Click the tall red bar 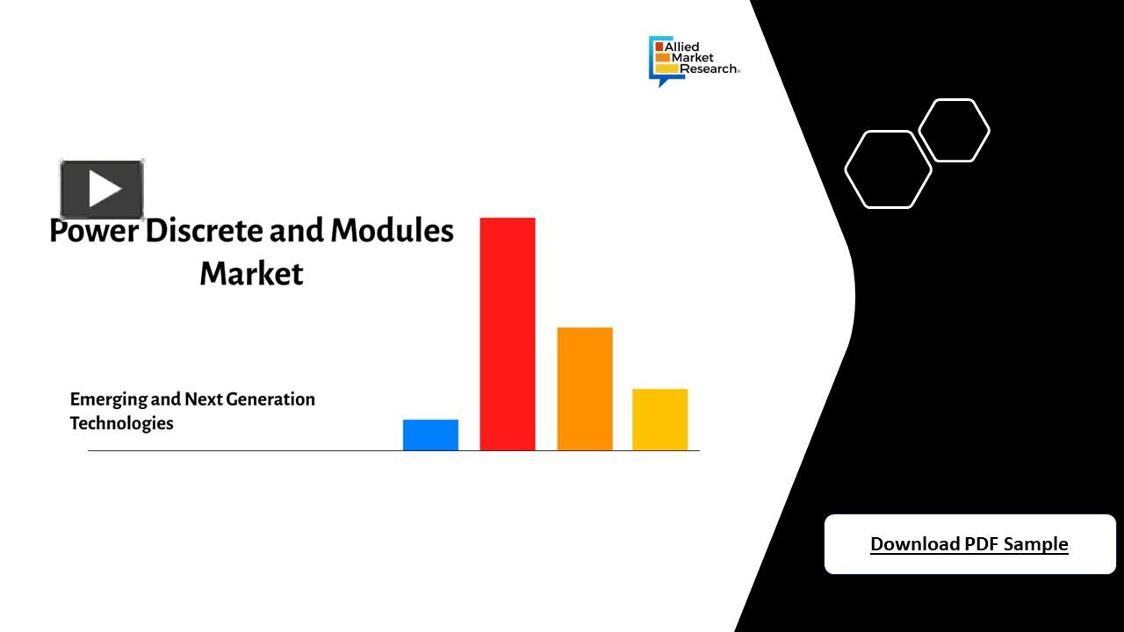[507, 334]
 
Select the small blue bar [430, 434]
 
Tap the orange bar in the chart [584, 389]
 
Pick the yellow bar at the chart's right [659, 420]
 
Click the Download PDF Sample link [969, 544]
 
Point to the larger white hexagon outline [888, 169]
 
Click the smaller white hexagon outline [954, 131]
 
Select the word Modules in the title [392, 231]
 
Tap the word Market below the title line [251, 273]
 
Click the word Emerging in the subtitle [108, 399]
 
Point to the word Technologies [121, 423]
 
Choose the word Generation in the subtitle [270, 399]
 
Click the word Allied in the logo [682, 47]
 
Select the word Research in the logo [709, 68]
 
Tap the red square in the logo [659, 46]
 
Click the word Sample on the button [1035, 544]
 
